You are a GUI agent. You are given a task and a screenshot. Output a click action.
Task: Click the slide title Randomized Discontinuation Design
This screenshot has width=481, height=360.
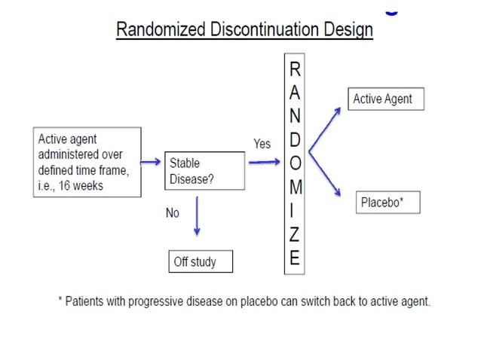pos(244,30)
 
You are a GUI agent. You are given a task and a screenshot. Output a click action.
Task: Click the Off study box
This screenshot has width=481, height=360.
pos(200,261)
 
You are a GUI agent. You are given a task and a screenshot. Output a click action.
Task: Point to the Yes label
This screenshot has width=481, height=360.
pos(262,144)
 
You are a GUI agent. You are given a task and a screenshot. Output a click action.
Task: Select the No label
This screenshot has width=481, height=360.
pos(173,213)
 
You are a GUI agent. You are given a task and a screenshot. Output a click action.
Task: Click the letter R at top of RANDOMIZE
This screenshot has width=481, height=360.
pos(295,70)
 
